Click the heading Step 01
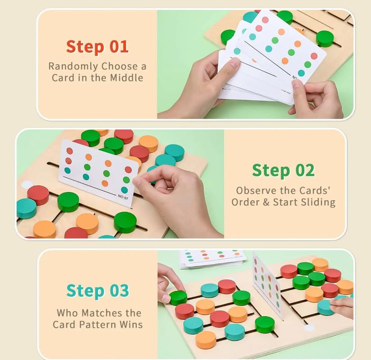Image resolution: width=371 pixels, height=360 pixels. click(97, 47)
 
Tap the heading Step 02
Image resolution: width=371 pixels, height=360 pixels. click(283, 170)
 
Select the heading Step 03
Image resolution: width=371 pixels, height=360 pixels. click(98, 291)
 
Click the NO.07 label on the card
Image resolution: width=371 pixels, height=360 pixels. click(123, 197)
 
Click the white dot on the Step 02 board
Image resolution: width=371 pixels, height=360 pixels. click(27, 185)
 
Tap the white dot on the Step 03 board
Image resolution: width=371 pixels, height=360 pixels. click(309, 328)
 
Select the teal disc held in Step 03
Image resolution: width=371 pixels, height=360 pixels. click(326, 307)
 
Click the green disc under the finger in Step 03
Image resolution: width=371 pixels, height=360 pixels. click(178, 298)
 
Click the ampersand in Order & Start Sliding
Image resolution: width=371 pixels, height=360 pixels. click(266, 202)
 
